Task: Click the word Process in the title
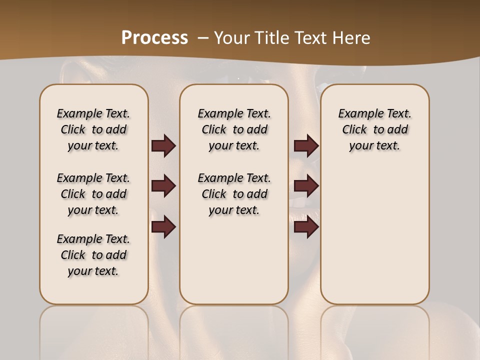point(154,37)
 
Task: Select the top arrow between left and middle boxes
point(163,146)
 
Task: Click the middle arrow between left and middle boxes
point(163,186)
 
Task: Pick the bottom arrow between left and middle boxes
point(163,227)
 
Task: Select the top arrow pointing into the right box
point(306,146)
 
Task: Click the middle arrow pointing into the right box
point(306,186)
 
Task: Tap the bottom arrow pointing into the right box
point(306,227)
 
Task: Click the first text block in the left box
point(93,129)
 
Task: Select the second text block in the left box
point(93,194)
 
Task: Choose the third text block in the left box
point(93,255)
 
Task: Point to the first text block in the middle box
point(234,129)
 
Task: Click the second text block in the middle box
point(234,194)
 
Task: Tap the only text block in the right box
point(375,129)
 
